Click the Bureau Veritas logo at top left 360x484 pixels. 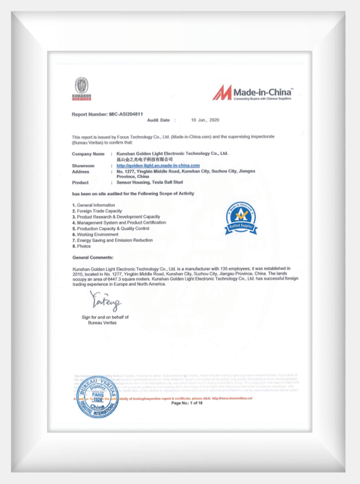81,89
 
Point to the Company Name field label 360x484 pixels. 88,154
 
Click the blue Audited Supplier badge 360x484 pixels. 241,219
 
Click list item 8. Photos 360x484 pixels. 82,246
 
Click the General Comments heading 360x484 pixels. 95,258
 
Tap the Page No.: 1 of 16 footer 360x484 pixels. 188,403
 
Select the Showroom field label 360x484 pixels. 83,165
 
